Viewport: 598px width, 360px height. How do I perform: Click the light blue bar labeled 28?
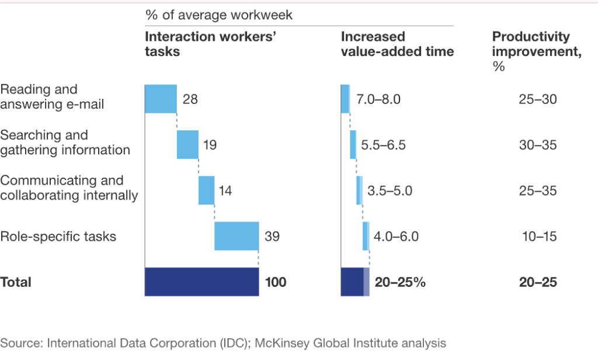pos(161,99)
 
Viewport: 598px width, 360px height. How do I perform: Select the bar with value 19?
pos(187,144)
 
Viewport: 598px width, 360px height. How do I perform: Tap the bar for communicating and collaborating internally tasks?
pos(206,190)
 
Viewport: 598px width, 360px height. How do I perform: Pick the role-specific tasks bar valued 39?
pos(237,236)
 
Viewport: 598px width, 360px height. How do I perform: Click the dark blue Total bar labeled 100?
pos(201,282)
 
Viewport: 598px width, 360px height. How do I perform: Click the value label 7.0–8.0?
pos(378,99)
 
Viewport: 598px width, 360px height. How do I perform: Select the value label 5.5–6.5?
pos(383,145)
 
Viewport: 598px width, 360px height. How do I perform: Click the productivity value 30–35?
pos(538,145)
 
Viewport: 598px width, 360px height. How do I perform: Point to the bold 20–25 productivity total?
pos(538,282)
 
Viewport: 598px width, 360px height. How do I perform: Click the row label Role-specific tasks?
pos(58,237)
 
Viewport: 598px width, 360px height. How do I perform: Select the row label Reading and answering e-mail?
pos(53,97)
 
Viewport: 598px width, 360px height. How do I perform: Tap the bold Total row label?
pos(16,282)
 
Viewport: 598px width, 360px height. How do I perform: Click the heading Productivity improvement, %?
pos(531,51)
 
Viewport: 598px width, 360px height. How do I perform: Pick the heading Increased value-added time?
pos(397,44)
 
